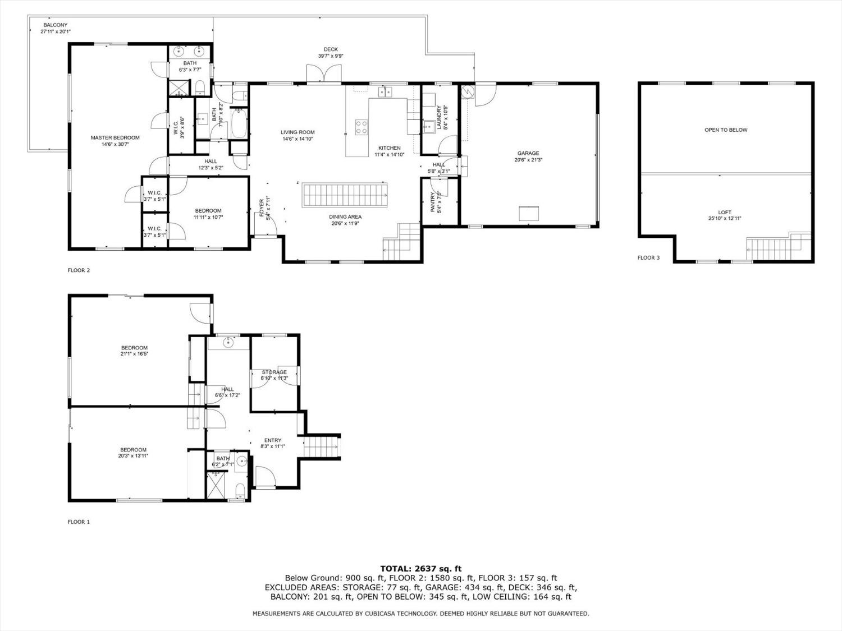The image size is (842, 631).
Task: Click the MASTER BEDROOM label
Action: [x=115, y=137]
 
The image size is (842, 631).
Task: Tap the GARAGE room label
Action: [x=528, y=153]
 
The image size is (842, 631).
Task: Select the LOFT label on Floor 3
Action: [x=725, y=212]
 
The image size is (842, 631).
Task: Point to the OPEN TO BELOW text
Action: [x=726, y=130]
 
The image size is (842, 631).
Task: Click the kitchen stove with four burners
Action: [x=361, y=127]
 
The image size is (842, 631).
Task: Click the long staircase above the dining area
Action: [x=344, y=195]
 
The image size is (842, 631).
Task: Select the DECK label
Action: [x=331, y=49]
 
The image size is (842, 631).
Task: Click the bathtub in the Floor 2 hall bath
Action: [x=239, y=123]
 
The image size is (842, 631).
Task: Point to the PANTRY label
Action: [x=433, y=202]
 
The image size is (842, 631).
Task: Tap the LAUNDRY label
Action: [x=439, y=118]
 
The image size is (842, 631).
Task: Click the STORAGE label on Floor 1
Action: [x=274, y=372]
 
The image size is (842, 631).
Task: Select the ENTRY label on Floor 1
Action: [x=273, y=440]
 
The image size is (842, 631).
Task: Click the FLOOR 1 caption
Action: [x=79, y=522]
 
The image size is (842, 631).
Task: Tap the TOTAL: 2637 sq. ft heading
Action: [x=421, y=569]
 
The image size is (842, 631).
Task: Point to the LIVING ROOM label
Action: [x=298, y=132]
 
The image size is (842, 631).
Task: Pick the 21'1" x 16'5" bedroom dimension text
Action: [x=134, y=354]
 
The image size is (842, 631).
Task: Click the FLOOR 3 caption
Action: [x=649, y=258]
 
